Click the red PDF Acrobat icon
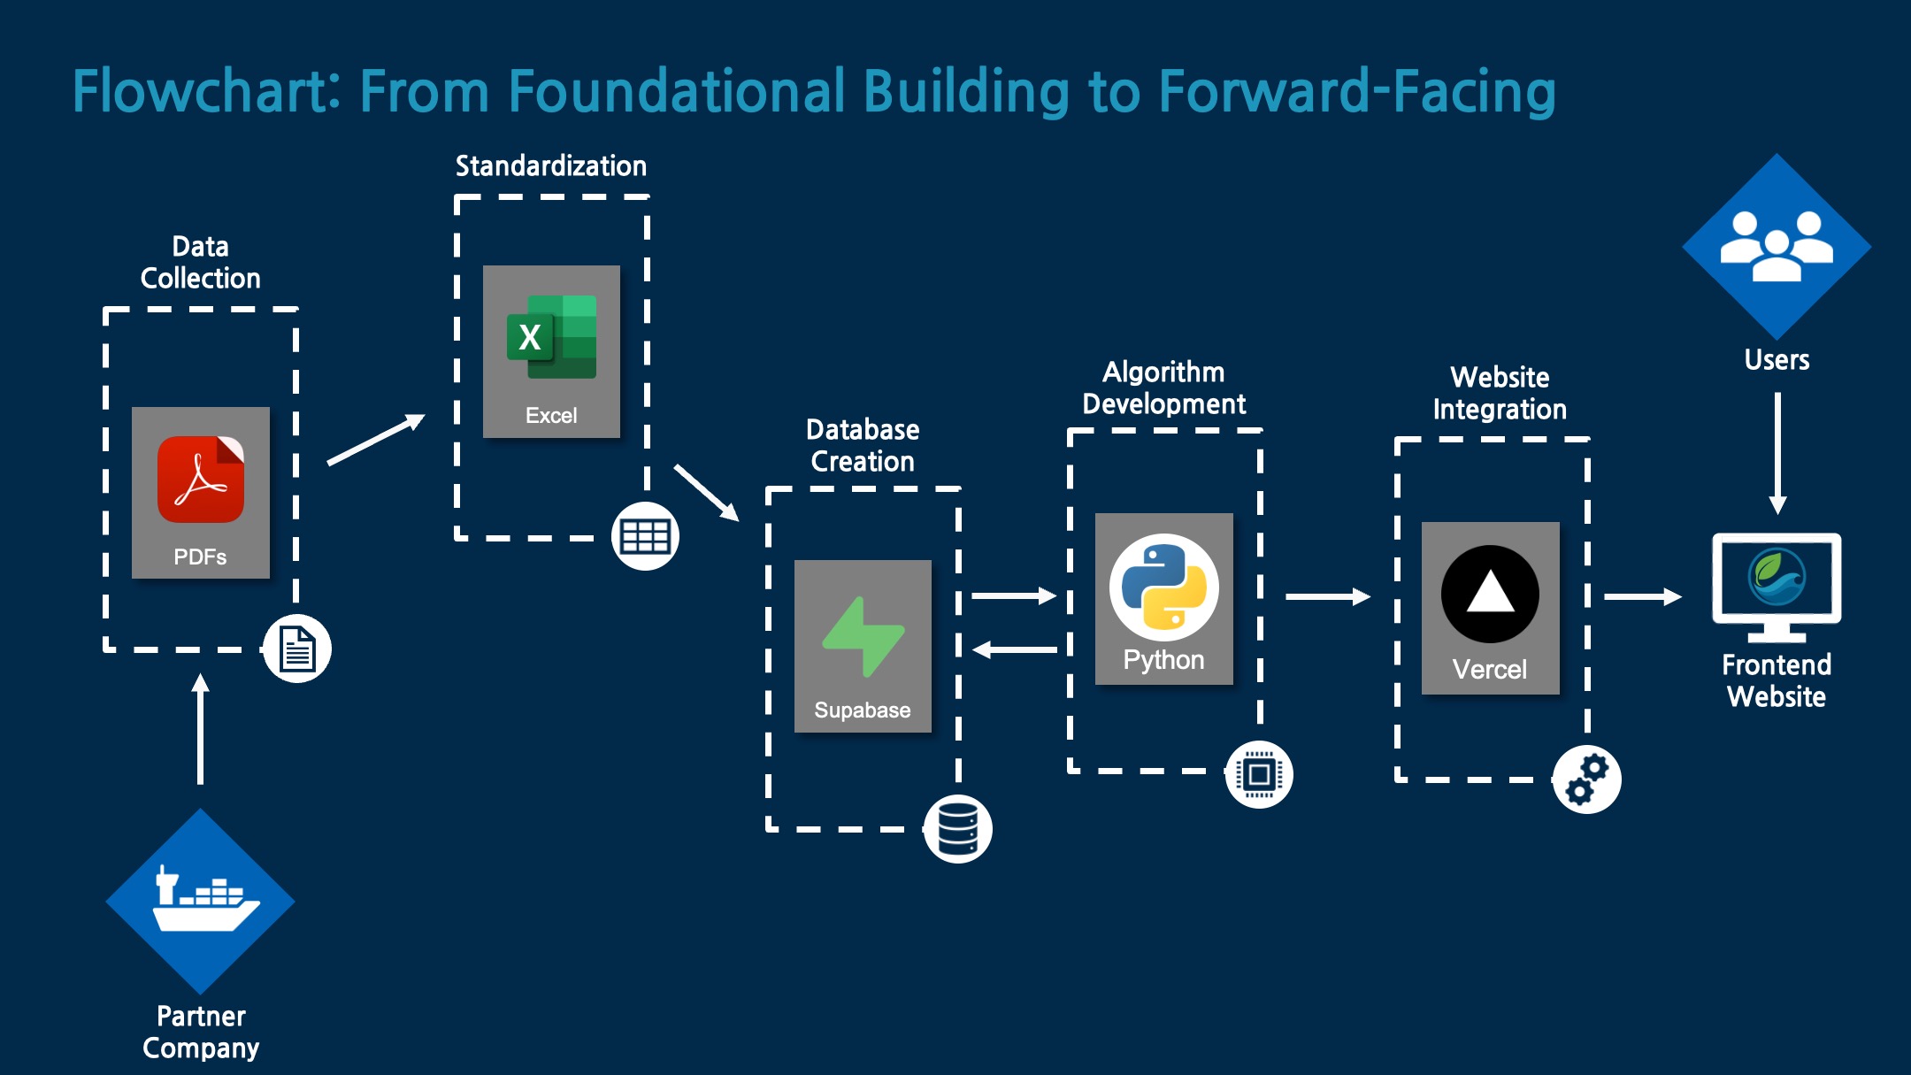pos(201,480)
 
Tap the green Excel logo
pos(551,337)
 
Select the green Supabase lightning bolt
pos(863,637)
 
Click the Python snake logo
pos(1163,587)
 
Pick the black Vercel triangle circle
pos(1490,594)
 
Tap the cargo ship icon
pos(201,901)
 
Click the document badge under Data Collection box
pos(297,649)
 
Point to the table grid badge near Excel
pos(645,536)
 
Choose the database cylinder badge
pos(957,829)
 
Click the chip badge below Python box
pos(1259,774)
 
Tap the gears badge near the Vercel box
pos(1587,779)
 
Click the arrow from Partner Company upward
pos(201,729)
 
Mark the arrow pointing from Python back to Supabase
pos(1015,650)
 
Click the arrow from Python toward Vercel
pos(1327,597)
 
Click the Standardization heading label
pos(551,166)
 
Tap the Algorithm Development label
pos(1163,388)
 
